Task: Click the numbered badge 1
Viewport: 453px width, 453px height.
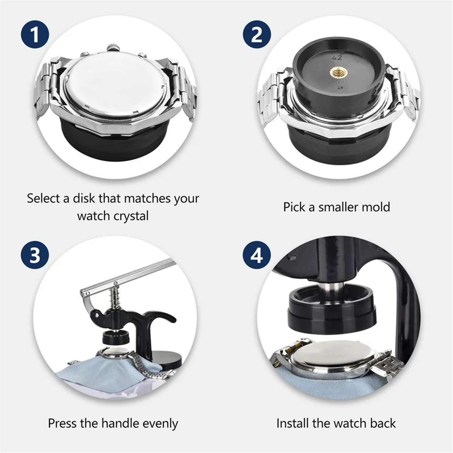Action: (35, 35)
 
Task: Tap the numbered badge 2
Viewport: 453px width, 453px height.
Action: (257, 35)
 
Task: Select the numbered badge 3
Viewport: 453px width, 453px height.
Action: (35, 255)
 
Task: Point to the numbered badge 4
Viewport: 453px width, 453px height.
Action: (257, 255)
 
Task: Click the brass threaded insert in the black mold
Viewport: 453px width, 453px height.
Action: (337, 72)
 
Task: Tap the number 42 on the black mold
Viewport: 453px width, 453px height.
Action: (337, 57)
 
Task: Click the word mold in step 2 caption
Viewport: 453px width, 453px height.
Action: (376, 207)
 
